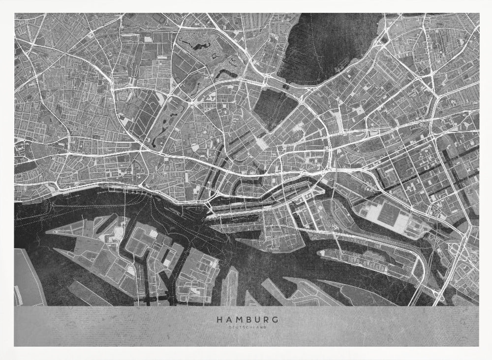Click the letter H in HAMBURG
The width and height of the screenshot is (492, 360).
coord(218,319)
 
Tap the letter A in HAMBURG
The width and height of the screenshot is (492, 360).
coord(228,319)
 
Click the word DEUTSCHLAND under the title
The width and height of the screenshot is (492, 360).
coord(247,327)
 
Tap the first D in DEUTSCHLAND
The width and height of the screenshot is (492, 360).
coord(230,327)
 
